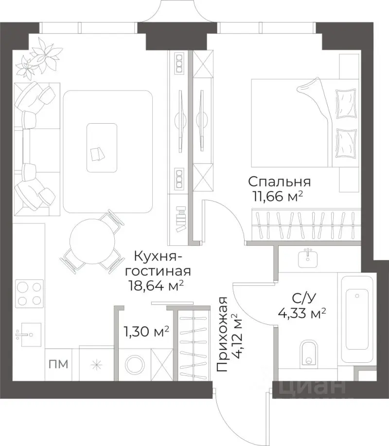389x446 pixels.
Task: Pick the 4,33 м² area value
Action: click(301, 313)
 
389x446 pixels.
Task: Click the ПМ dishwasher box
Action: click(57, 363)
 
